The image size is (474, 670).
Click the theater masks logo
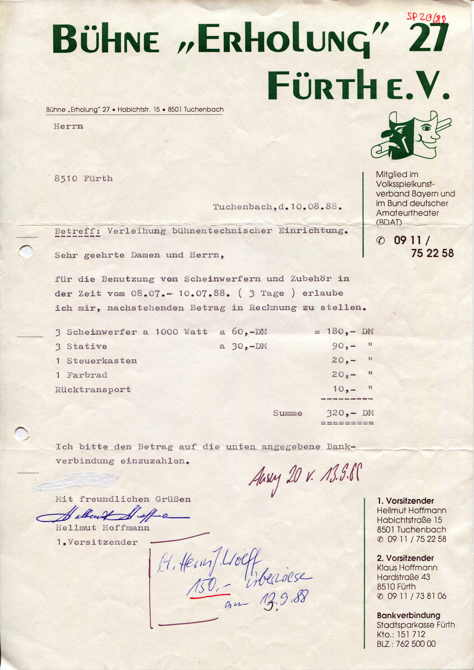click(x=411, y=136)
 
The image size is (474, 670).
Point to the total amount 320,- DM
click(x=350, y=413)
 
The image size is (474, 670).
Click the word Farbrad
click(x=87, y=375)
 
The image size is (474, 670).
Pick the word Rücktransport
click(x=93, y=390)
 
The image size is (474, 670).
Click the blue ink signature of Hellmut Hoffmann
click(x=112, y=516)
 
